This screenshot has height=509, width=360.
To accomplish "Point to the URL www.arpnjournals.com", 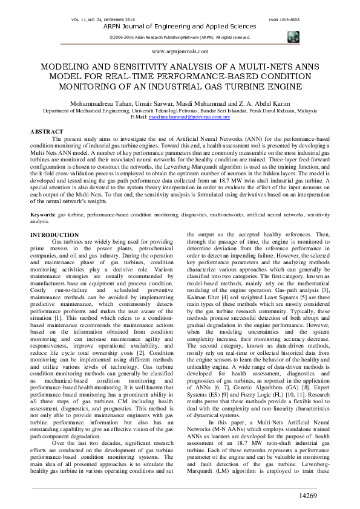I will click(180, 52).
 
